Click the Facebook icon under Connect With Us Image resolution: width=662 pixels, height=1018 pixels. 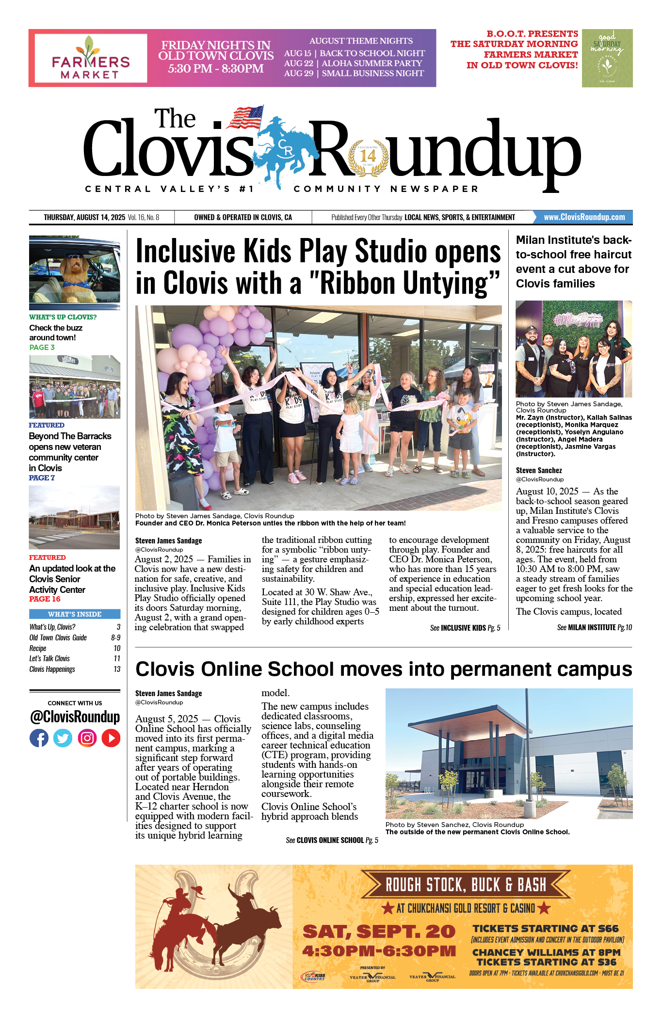click(x=39, y=738)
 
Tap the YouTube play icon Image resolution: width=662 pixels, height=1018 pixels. click(x=111, y=738)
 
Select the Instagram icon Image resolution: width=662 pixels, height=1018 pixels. click(x=87, y=738)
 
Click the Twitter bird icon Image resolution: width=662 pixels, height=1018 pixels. click(x=63, y=738)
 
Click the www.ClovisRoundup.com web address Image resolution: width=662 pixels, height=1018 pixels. click(x=584, y=217)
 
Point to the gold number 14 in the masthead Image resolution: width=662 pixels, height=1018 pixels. click(x=368, y=156)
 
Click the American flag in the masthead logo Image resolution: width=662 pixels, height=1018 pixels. click(x=246, y=117)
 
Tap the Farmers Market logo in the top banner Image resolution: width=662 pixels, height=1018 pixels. click(x=91, y=58)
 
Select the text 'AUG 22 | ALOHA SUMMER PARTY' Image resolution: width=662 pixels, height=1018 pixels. click(x=353, y=63)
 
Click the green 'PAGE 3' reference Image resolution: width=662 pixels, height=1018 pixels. click(x=42, y=348)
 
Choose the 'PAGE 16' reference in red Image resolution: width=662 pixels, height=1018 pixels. click(x=45, y=599)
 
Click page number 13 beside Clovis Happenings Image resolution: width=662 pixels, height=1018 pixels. click(x=117, y=669)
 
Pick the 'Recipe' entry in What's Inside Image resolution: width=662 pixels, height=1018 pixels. click(x=38, y=649)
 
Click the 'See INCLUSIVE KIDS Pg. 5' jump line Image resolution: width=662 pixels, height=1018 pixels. click(x=465, y=628)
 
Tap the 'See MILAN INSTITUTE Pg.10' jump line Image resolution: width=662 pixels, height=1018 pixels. click(x=594, y=627)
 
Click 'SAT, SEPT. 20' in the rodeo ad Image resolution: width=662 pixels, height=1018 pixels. click(x=379, y=931)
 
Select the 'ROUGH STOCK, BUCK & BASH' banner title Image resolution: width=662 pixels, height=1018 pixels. click(x=466, y=885)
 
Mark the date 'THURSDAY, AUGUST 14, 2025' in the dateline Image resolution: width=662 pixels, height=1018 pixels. click(x=84, y=217)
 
